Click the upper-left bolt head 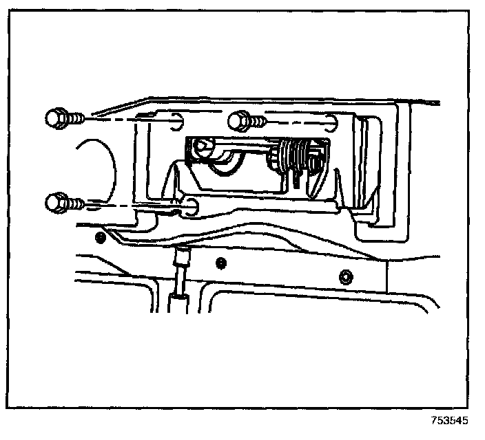(56, 119)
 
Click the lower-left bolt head (56, 203)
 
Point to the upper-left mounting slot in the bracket (175, 121)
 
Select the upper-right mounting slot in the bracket (333, 122)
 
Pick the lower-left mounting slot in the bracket (191, 206)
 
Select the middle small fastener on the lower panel (220, 262)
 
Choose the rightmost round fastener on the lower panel (345, 277)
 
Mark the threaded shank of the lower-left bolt (76, 203)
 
